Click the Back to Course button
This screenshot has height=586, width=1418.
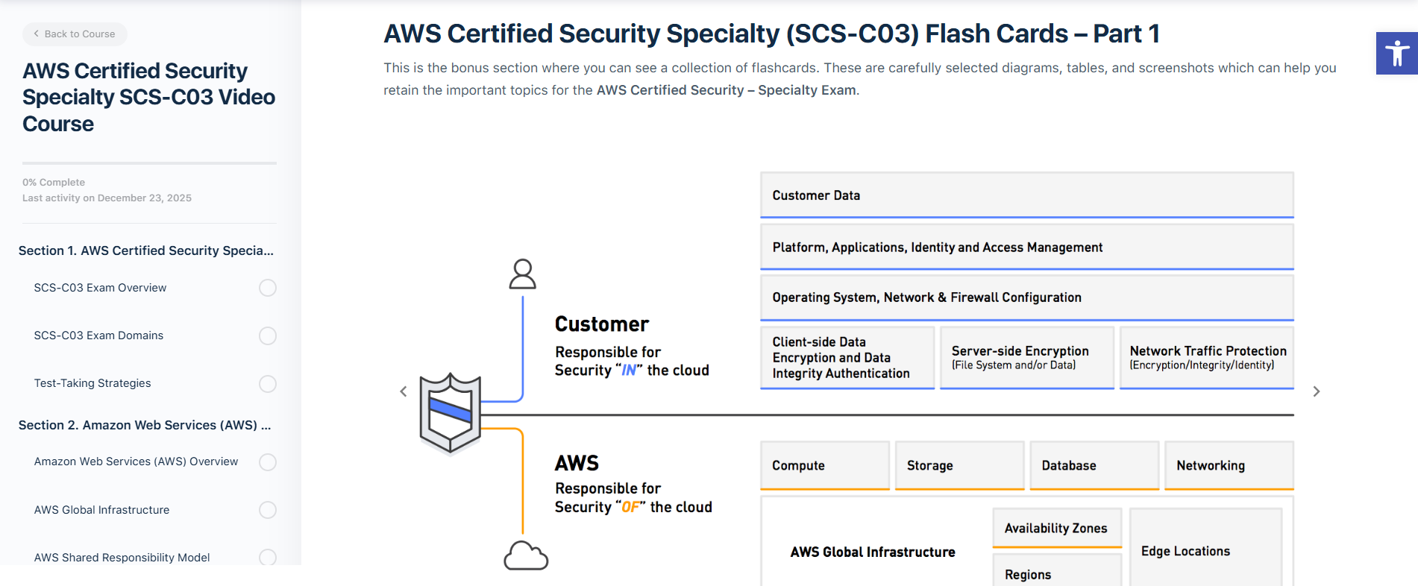(x=75, y=34)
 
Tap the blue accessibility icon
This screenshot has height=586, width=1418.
(x=1396, y=54)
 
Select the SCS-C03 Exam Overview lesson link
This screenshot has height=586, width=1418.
(x=100, y=288)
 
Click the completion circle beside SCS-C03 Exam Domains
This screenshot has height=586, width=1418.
(x=267, y=335)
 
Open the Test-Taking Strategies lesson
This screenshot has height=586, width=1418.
(x=92, y=383)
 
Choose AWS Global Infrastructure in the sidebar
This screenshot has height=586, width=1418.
(x=101, y=510)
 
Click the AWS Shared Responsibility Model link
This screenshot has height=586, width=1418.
(x=122, y=558)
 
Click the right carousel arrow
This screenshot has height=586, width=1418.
(x=1317, y=391)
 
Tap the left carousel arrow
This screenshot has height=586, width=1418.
(x=404, y=391)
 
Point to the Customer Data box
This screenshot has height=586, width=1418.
(x=1026, y=195)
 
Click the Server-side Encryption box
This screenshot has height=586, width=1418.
(x=1026, y=358)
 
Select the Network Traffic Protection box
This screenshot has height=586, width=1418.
(x=1206, y=358)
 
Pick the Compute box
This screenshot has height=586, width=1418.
(x=824, y=465)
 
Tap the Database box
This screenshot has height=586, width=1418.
(x=1094, y=465)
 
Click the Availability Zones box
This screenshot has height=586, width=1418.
(x=1056, y=528)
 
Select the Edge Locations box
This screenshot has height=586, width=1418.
(x=1205, y=551)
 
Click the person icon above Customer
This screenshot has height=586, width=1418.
(x=522, y=274)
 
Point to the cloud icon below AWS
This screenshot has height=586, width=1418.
(x=526, y=556)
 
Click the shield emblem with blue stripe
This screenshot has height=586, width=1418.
(x=450, y=412)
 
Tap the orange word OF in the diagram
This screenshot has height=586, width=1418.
(x=631, y=507)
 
